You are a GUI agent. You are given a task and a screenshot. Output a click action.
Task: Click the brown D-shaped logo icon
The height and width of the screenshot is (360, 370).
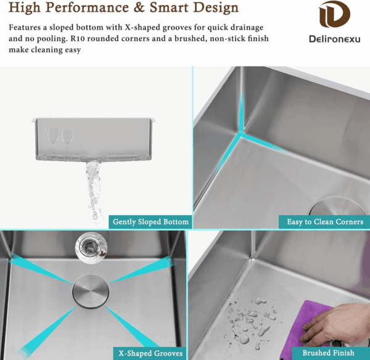point(334,14)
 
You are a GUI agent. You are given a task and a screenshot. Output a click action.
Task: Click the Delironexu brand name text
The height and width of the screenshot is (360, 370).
point(335,39)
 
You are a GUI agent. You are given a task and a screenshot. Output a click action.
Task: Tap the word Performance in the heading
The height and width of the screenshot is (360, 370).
point(86,7)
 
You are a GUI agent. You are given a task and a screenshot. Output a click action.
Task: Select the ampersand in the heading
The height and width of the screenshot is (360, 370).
point(139,7)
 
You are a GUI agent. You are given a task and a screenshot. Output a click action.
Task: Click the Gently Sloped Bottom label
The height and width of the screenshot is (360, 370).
point(150,222)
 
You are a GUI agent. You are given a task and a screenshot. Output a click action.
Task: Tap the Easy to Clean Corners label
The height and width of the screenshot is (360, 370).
point(325,222)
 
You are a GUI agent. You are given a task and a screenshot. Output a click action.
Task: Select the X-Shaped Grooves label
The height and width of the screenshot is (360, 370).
point(150,353)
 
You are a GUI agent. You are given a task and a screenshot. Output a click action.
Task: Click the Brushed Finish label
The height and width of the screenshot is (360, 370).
point(328,353)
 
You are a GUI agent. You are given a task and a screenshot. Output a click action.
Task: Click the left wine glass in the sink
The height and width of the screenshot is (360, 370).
point(53,141)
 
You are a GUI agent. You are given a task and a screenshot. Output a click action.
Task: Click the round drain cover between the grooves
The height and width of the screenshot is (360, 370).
point(91,292)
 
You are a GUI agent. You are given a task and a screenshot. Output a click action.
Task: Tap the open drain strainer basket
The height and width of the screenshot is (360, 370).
point(91,248)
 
